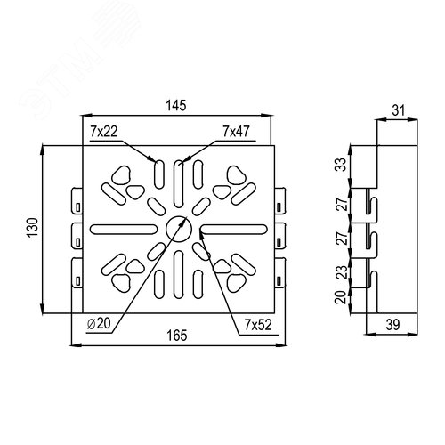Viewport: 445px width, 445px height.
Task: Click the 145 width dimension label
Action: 176,106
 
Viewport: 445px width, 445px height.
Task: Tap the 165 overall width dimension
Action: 177,336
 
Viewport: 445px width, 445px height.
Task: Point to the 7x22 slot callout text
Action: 104,132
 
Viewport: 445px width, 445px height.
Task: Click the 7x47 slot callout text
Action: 237,132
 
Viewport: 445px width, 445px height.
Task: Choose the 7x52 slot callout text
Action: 258,325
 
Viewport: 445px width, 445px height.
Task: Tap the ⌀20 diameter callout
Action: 99,323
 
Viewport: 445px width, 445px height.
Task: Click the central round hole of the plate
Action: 179,229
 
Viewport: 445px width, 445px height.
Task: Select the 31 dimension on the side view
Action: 399,110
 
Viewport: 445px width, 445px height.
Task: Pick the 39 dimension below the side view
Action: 392,325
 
